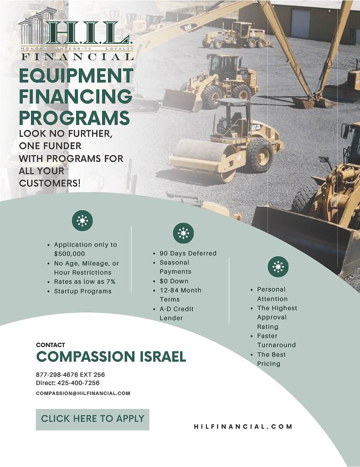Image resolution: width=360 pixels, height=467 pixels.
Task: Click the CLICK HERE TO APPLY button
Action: (x=93, y=419)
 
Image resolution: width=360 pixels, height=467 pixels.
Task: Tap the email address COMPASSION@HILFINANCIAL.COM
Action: (x=83, y=393)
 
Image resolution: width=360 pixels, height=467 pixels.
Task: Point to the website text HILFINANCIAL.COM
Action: (x=243, y=427)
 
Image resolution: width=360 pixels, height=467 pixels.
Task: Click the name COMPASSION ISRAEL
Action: (x=111, y=357)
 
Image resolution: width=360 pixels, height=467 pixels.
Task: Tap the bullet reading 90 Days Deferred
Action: (x=188, y=253)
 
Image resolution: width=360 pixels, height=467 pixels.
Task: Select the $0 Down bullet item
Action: (x=174, y=281)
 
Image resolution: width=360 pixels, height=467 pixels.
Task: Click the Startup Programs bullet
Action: (x=82, y=291)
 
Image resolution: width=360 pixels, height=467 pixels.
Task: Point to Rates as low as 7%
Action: (x=84, y=282)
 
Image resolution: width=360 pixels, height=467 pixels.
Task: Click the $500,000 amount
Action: (x=69, y=254)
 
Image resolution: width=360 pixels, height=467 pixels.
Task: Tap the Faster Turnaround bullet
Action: (x=276, y=340)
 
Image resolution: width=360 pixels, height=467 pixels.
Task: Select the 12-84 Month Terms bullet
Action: (x=180, y=295)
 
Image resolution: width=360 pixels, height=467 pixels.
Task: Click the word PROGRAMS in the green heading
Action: (x=74, y=117)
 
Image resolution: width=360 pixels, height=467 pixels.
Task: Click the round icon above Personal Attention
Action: (x=278, y=266)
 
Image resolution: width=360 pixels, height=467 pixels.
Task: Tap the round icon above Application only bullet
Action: (x=82, y=221)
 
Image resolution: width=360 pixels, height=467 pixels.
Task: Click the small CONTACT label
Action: (x=50, y=345)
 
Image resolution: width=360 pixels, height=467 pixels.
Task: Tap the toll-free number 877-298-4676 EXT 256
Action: (x=70, y=374)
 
